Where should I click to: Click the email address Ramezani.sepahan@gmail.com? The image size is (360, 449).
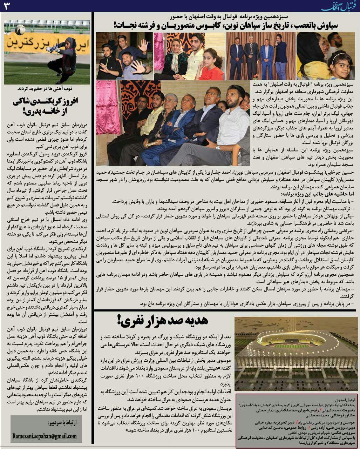[44, 436]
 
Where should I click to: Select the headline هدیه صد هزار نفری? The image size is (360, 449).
[162, 320]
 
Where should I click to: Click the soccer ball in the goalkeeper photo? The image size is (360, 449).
[20, 31]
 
